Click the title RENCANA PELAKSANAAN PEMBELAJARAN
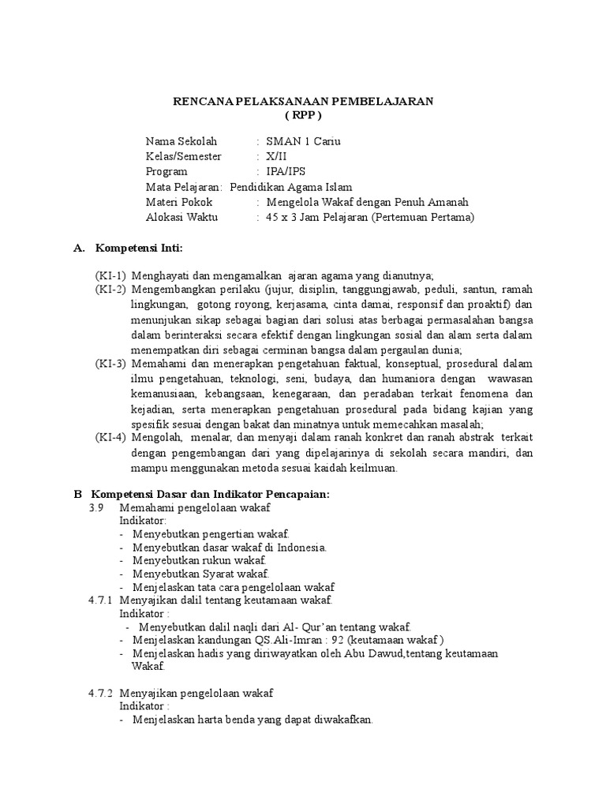(x=304, y=102)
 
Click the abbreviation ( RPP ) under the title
(x=303, y=115)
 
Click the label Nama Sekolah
(x=181, y=142)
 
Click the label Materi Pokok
(x=179, y=202)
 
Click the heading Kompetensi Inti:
(x=139, y=249)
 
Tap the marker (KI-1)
(x=111, y=275)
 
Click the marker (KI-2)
(x=111, y=290)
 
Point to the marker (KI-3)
(x=111, y=364)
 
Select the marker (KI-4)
(x=111, y=438)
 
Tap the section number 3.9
(x=96, y=508)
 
